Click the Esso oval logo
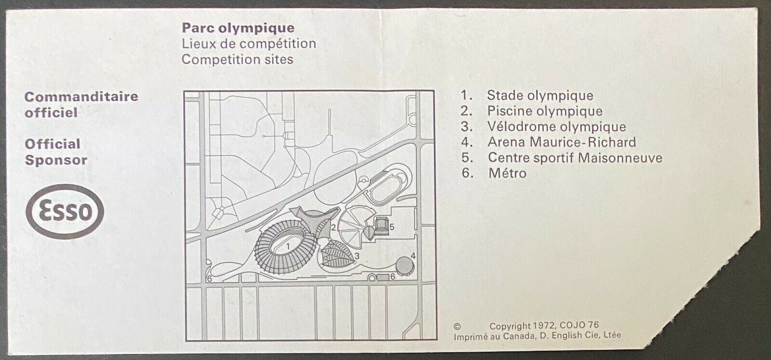(x=64, y=211)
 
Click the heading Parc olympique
(x=238, y=28)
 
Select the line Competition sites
(x=238, y=59)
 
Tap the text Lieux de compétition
(x=249, y=44)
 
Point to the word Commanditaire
(x=81, y=97)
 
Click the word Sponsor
(x=56, y=160)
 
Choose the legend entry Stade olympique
(x=540, y=95)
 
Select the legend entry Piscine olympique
(x=545, y=111)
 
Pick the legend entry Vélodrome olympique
(x=556, y=126)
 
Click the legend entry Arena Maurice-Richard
(x=562, y=142)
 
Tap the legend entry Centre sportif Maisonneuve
(x=575, y=158)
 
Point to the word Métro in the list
(x=507, y=173)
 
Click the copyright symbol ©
(x=457, y=326)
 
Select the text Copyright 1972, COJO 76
(x=544, y=326)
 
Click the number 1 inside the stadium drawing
(x=288, y=246)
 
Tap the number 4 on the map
(x=413, y=256)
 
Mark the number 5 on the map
(x=392, y=227)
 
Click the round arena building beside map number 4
(x=405, y=266)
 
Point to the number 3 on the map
(x=357, y=256)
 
